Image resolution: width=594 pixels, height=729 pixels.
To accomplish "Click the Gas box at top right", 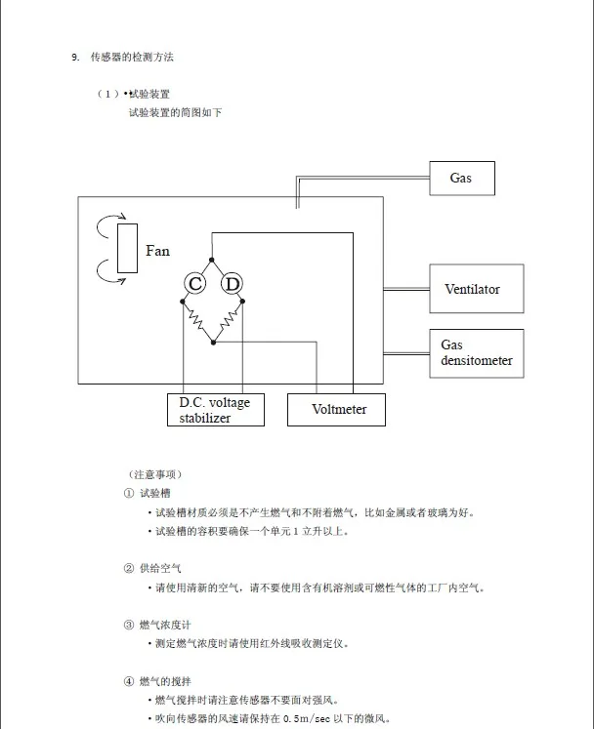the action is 462,178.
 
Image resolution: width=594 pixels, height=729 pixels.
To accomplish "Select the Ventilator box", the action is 476,289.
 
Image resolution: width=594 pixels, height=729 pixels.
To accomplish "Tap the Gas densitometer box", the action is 476,353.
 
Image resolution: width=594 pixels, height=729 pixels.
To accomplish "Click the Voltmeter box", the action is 336,410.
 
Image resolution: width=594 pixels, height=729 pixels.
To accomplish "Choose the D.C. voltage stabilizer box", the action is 216,410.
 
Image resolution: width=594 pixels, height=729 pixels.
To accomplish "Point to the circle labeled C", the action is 195,283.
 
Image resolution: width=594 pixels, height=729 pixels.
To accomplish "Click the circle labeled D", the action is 232,283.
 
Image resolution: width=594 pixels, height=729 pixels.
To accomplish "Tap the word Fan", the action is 157,251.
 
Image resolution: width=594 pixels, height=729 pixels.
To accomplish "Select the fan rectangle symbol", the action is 127,248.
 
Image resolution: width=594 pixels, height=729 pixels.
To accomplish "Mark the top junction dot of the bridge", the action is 212,260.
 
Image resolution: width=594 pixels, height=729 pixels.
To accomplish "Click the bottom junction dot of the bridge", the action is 213,343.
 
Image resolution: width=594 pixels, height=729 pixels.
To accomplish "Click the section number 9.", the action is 75,58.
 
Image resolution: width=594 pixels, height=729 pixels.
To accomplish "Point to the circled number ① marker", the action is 129,493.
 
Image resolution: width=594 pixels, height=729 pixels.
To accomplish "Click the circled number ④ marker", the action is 129,681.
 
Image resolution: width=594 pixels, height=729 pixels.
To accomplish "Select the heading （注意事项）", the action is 155,474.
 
